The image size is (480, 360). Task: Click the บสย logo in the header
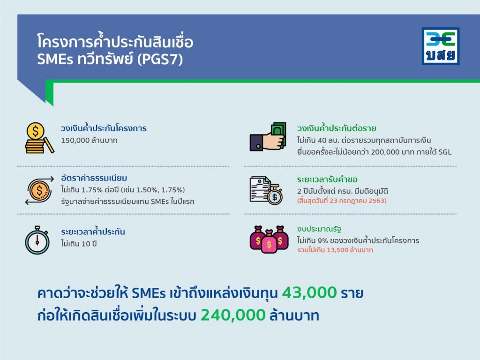441,46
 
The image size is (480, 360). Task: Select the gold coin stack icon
39,138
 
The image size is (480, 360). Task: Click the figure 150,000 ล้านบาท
89,141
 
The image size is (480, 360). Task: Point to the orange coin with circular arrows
39,190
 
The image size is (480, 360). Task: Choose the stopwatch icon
37,240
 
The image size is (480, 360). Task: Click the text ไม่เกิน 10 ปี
79,244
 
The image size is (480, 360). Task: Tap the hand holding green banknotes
268,136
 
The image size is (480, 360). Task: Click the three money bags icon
269,240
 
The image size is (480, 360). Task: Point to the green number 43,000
309,292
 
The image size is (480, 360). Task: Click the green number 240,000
233,315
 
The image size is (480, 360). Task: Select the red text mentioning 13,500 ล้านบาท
335,250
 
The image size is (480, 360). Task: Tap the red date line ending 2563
342,201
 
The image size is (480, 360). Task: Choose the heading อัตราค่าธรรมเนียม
94,178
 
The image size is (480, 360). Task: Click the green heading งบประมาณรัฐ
319,229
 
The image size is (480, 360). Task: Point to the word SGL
445,152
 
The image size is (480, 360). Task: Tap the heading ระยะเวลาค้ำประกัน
93,232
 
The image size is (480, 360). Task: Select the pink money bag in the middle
269,242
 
